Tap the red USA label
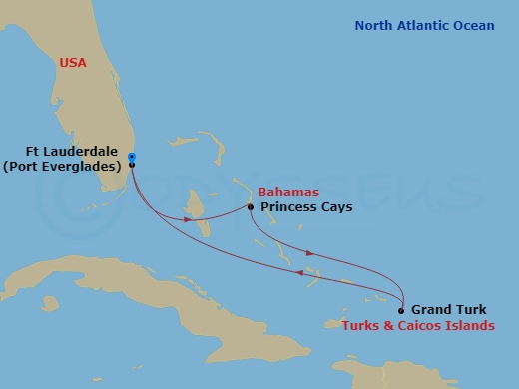74,63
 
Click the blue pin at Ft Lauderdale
132,156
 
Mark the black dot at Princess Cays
251,207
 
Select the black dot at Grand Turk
401,310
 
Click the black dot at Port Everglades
132,165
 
